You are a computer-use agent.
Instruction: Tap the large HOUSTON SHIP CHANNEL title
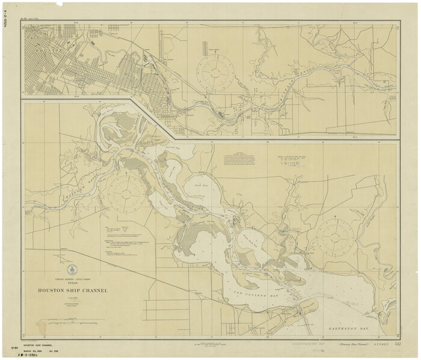tap(73, 290)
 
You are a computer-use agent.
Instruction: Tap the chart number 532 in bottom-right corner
tap(398, 344)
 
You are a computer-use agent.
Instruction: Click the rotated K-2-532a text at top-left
tap(7, 19)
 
